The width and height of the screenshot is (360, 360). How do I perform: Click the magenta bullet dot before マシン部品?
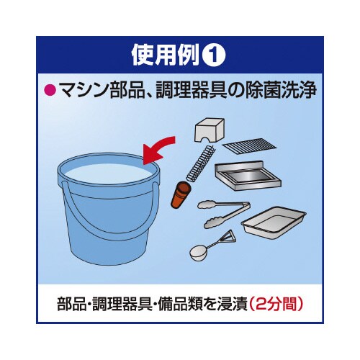[x=50, y=91]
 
